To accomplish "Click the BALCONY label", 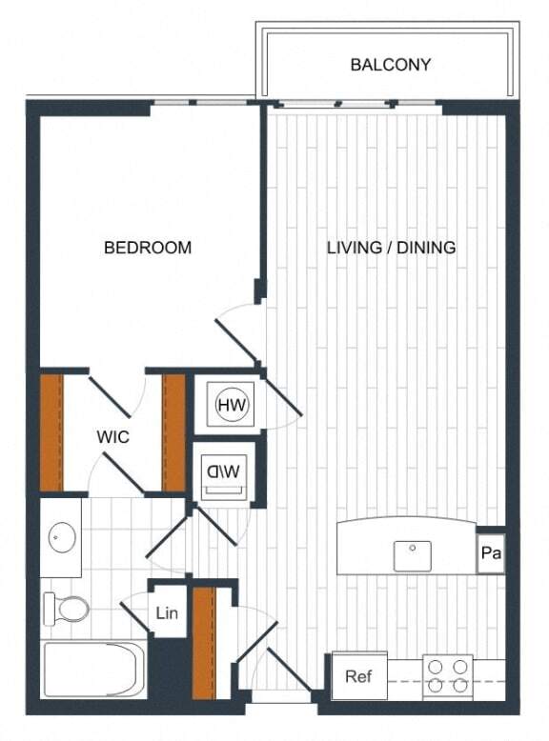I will coord(391,66).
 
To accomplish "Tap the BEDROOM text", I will coord(148,248).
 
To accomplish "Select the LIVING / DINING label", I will coord(391,248).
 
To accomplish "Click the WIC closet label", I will coord(112,437).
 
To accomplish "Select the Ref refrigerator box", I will coord(357,678).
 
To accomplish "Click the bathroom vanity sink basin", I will coord(62,538).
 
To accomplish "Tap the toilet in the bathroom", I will coord(67,607).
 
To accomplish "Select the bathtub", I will coord(93,670).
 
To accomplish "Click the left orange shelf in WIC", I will coord(51,433).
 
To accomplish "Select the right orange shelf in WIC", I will coord(173,433).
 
